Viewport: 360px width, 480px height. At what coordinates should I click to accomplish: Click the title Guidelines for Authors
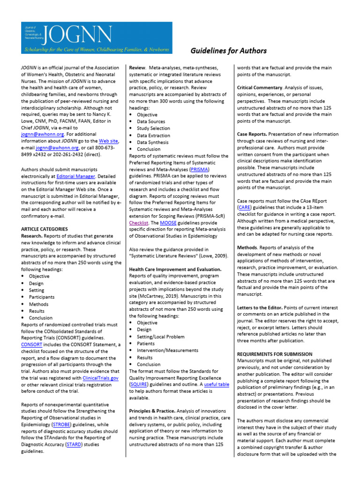click(228, 51)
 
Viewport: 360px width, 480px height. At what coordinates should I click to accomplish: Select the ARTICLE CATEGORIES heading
click(45, 229)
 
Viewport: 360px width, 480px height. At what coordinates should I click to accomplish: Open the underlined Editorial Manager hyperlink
click(76, 176)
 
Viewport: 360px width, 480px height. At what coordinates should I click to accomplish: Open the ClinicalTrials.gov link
click(100, 377)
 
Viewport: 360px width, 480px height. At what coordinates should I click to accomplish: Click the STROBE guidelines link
click(62, 424)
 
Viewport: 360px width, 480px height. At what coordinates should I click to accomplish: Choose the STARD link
click(75, 444)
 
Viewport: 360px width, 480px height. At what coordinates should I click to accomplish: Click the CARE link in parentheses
click(244, 207)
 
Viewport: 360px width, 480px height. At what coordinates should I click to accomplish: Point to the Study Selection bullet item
click(153, 128)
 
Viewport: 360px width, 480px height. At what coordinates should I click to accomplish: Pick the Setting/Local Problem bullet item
click(161, 337)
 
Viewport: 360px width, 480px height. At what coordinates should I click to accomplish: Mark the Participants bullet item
click(42, 297)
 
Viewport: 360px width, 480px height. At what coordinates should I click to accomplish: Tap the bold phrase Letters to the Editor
click(260, 307)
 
